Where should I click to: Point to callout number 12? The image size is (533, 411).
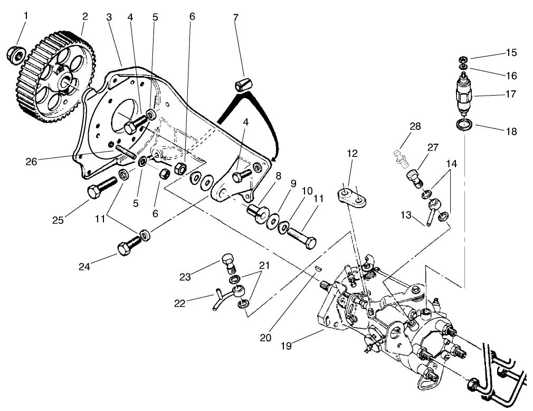click(352, 154)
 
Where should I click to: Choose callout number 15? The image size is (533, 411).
click(511, 53)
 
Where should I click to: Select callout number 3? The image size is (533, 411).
click(109, 17)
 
